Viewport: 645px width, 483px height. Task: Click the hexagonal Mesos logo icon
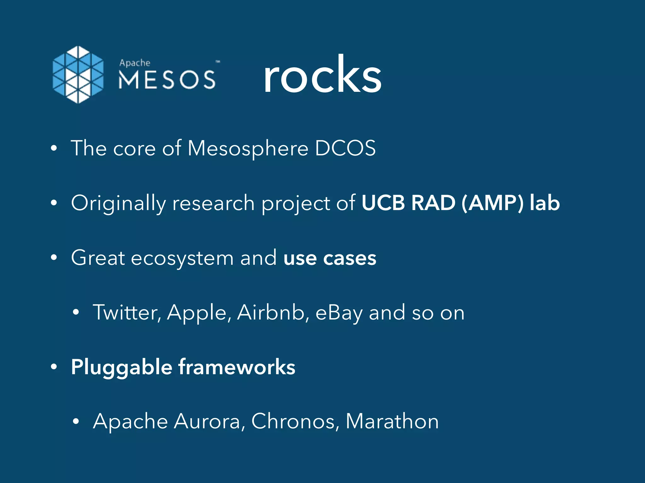78,75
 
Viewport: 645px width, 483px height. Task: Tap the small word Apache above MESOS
134,63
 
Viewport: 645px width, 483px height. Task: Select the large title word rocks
322,75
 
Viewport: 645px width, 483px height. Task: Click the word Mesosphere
248,148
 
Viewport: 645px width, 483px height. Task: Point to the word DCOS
345,148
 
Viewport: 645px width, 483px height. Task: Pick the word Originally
118,203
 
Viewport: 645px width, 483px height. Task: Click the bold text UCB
383,203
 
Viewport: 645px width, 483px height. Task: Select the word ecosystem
182,258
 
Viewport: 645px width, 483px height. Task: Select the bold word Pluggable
122,367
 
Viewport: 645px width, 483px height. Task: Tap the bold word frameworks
237,367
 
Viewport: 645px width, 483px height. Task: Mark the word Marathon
392,421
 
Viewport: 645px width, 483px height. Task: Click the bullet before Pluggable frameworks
54,367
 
